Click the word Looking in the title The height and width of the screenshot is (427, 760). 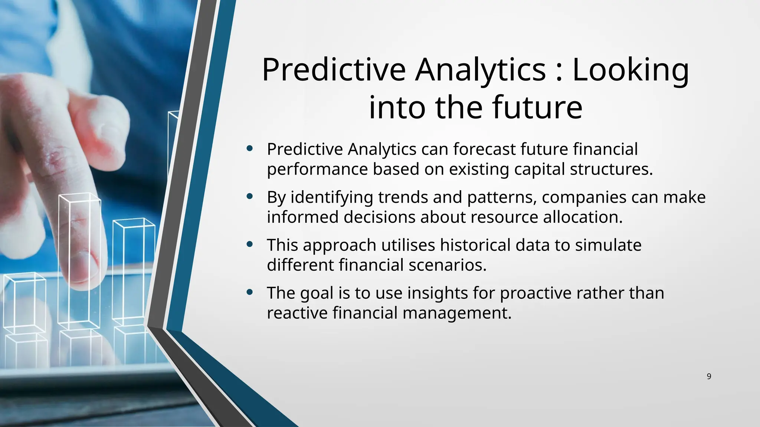coord(630,70)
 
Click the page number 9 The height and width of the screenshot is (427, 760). coord(709,377)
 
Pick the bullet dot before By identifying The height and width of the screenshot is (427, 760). coord(250,196)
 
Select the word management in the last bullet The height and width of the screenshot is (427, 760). coord(457,313)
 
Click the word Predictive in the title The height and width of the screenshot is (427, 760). coord(334,70)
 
